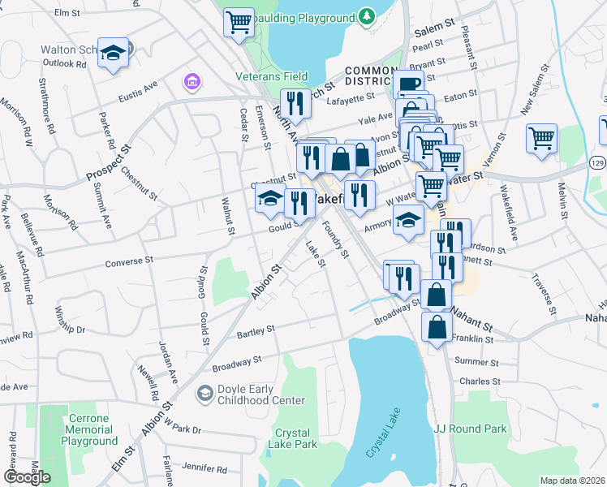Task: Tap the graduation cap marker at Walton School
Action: point(114,54)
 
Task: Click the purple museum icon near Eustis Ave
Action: point(192,82)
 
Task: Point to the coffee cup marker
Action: point(410,85)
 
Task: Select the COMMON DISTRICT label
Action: point(380,76)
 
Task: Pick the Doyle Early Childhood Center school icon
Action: point(204,394)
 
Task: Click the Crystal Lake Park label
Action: point(295,438)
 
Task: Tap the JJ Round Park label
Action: point(470,429)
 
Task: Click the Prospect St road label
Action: point(109,165)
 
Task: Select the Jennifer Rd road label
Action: point(204,468)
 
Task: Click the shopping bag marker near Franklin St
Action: point(437,327)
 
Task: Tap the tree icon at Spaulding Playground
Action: point(368,15)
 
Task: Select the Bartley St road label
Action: point(256,331)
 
